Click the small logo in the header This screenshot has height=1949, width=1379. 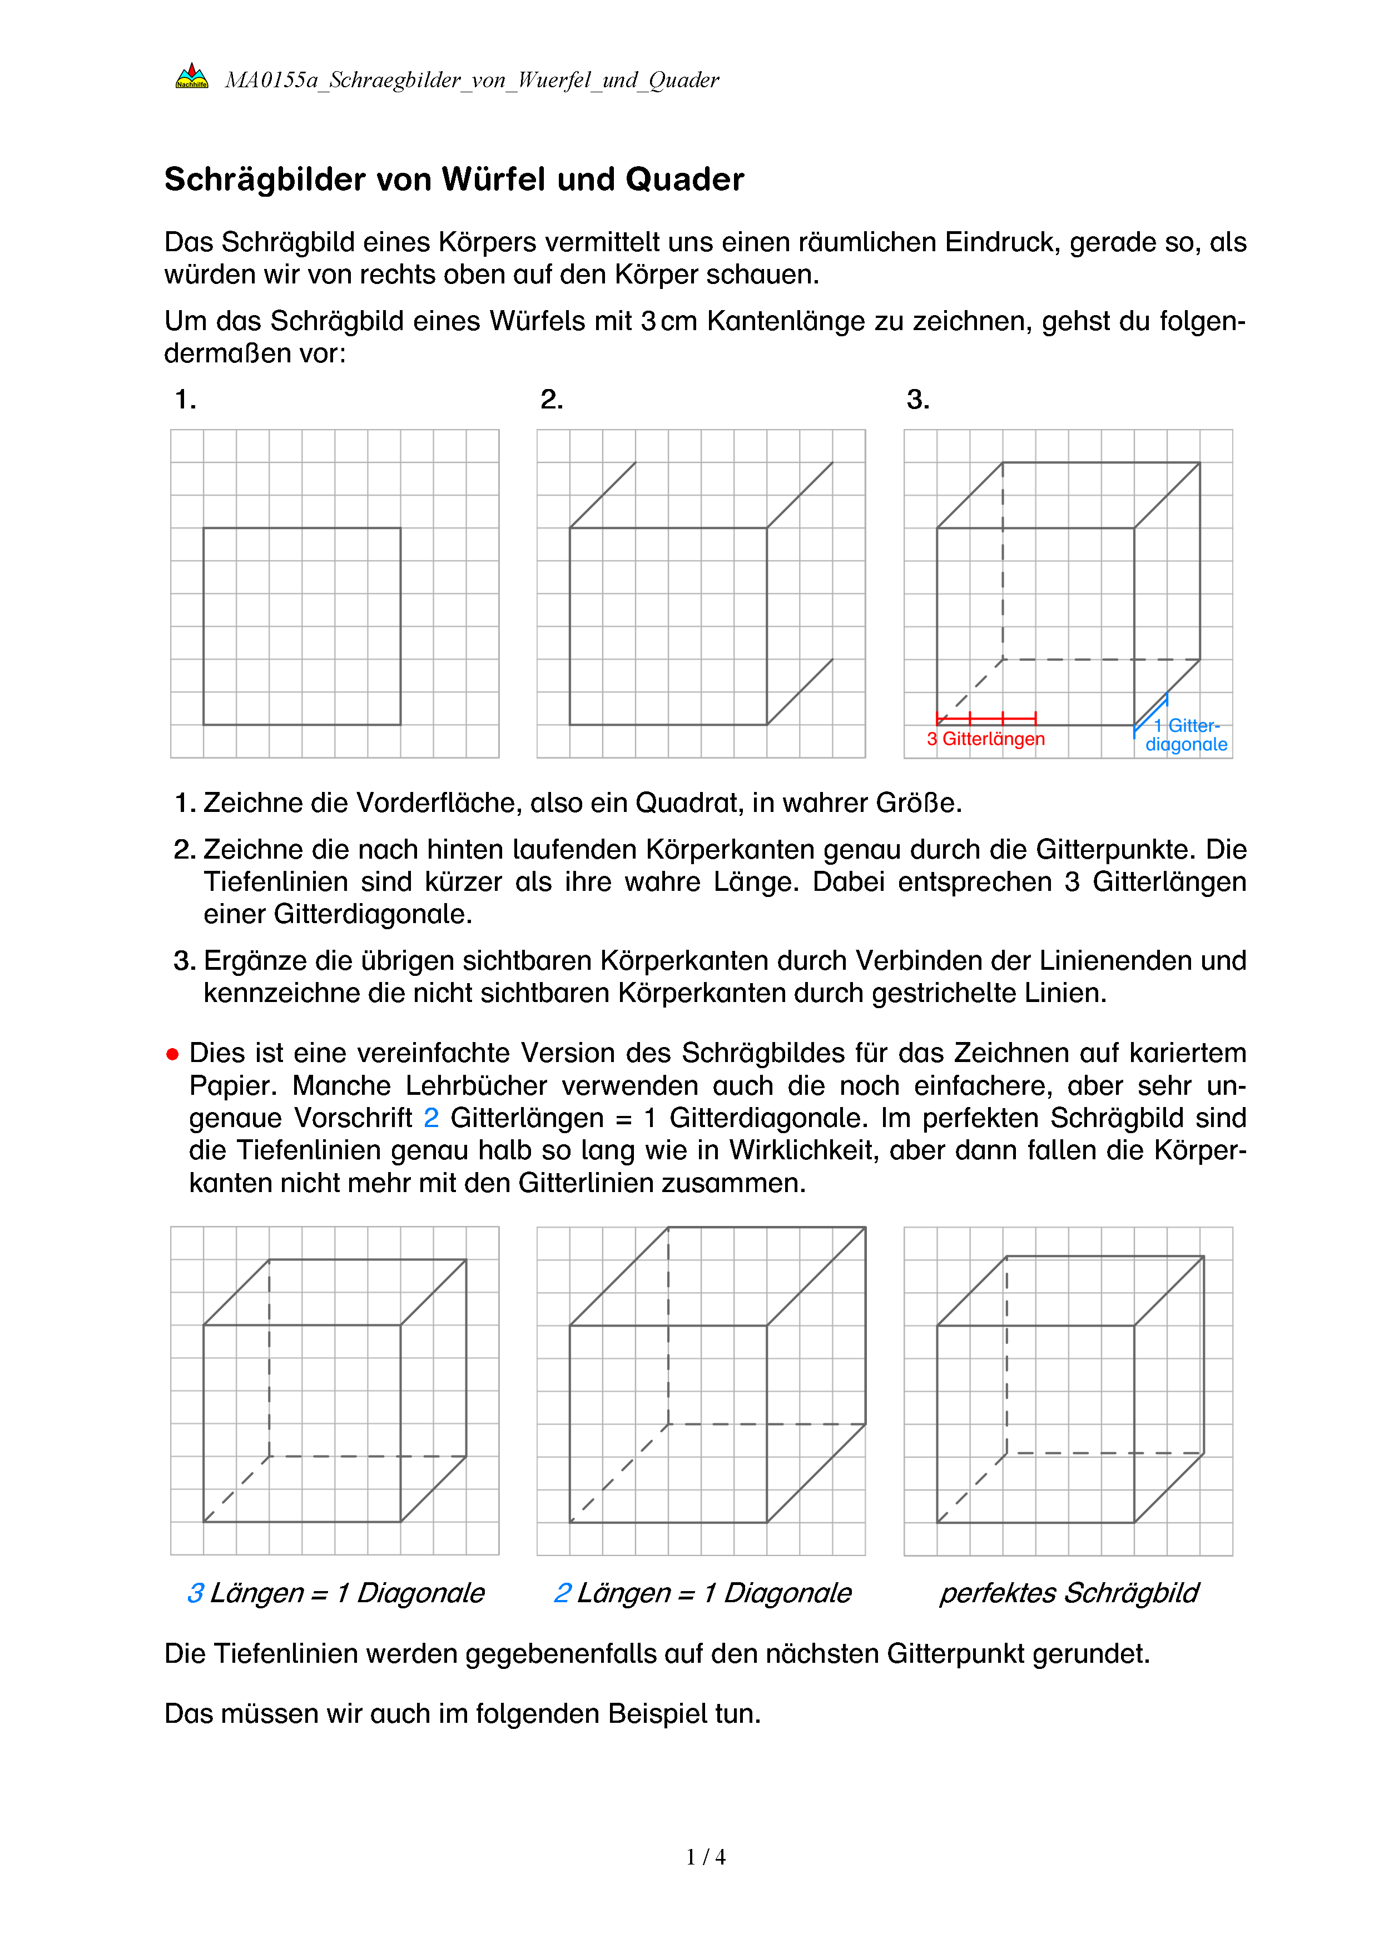[191, 77]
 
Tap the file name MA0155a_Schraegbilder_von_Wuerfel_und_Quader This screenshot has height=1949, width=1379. [472, 81]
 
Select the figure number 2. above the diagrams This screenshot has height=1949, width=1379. [551, 399]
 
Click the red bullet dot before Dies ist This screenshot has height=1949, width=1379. [172, 1054]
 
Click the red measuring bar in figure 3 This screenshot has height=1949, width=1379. [986, 718]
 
